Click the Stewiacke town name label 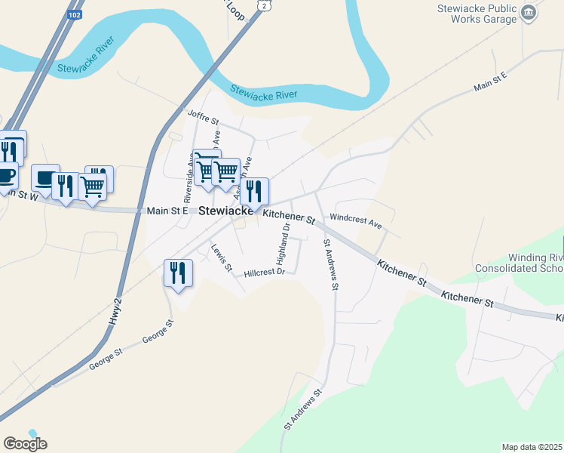pos(228,212)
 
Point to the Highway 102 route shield pos(73,15)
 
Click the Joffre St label pos(203,119)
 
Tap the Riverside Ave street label pos(190,182)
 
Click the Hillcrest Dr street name pos(263,272)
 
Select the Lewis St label pos(220,257)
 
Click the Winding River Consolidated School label pos(520,263)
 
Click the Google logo pos(25,444)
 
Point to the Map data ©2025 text pos(532,446)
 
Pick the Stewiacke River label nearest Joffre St pos(264,92)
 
